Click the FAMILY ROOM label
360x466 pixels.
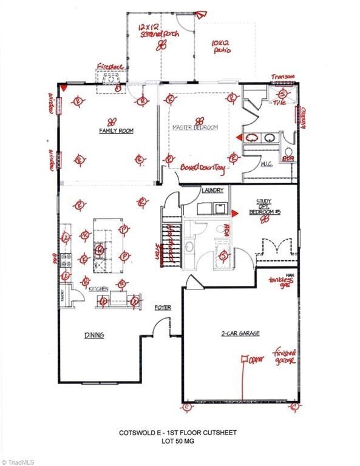click(116, 130)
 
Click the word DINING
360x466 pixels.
click(93, 334)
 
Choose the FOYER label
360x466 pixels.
click(162, 308)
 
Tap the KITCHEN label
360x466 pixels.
click(98, 290)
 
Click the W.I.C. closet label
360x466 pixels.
click(250, 163)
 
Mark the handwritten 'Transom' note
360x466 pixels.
click(282, 76)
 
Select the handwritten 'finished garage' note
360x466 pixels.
click(284, 357)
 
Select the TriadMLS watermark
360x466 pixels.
click(18, 461)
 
